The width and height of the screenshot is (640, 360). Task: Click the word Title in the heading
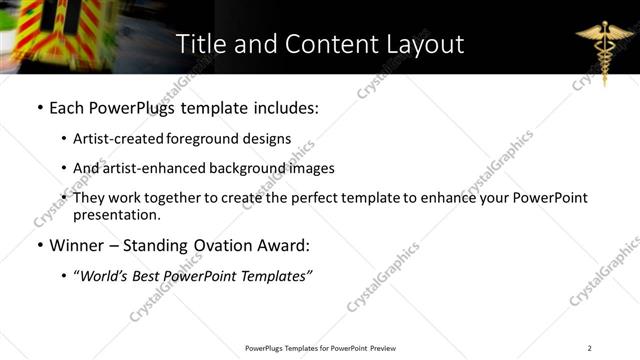198,45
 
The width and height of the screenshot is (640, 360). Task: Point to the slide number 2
589,348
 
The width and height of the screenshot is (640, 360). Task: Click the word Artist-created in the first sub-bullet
114,139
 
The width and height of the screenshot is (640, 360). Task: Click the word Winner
78,245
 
